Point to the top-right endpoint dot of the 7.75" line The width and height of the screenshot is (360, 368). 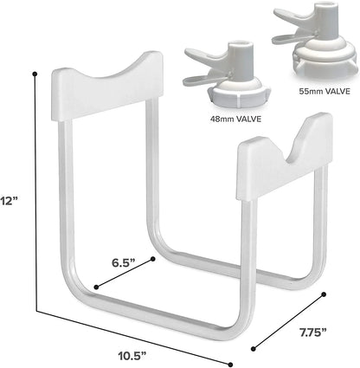(x=325, y=295)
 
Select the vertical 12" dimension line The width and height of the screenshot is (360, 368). (x=35, y=190)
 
